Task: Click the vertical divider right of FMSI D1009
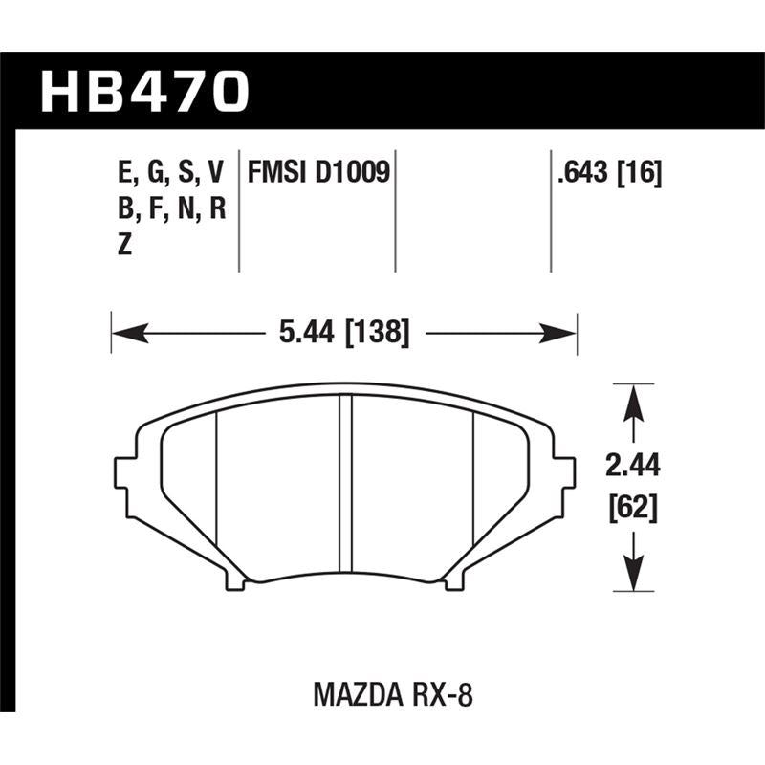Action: [396, 210]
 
